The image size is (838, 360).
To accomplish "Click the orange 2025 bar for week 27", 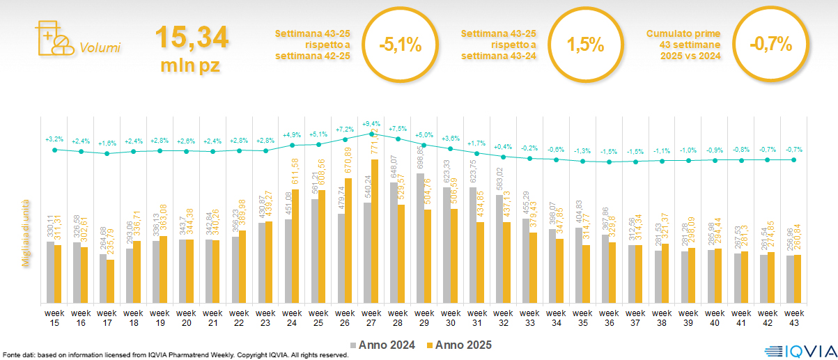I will click(x=375, y=231).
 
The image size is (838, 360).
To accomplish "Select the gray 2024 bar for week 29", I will click(x=420, y=237).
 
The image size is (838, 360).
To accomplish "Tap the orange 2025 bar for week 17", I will click(x=111, y=281).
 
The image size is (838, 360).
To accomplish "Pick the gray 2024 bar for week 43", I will click(x=790, y=279).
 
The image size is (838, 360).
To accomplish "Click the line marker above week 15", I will click(x=55, y=149).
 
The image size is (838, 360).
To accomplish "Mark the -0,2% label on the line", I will click(x=530, y=148).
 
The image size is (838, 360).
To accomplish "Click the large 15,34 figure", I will click(x=192, y=38).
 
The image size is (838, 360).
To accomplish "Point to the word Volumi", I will click(x=100, y=48).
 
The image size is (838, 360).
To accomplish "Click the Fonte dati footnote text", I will click(x=174, y=355).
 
